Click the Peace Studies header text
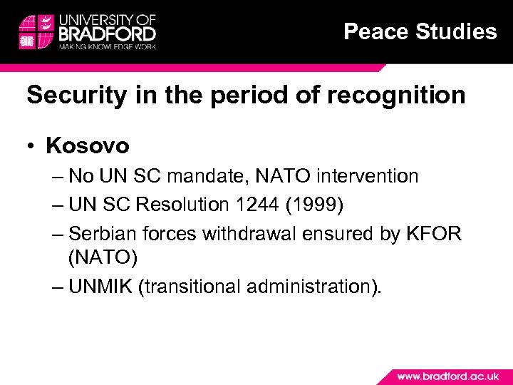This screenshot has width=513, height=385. [x=420, y=31]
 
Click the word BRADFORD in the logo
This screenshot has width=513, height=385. [x=108, y=33]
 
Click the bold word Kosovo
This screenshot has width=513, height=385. [x=87, y=146]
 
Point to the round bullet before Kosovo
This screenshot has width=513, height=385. [x=33, y=147]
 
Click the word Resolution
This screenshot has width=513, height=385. [x=181, y=205]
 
